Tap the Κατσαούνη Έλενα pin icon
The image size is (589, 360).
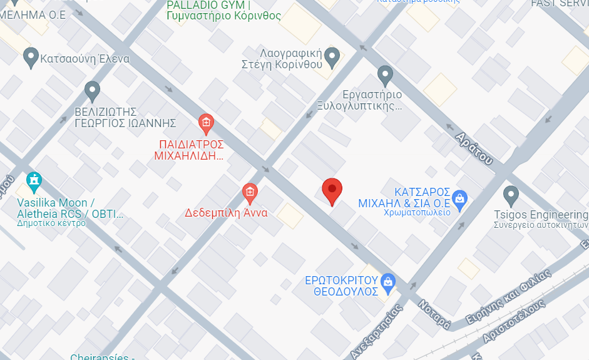[x=30, y=58]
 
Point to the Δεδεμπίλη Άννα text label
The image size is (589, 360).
[x=226, y=212]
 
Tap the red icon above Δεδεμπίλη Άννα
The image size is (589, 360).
[x=250, y=192]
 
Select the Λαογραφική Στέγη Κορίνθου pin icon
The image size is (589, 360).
[x=332, y=57]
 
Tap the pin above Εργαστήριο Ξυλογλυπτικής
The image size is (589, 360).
[x=385, y=76]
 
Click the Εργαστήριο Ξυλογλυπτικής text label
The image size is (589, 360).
[x=372, y=100]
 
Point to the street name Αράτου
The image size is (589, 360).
[x=473, y=148]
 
